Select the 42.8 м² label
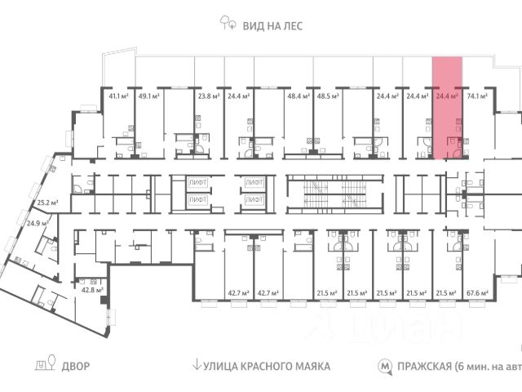click(91, 289)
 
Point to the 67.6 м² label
click(476, 292)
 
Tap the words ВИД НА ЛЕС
click(272, 26)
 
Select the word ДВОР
click(75, 367)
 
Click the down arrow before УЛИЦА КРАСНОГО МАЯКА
click(197, 367)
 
